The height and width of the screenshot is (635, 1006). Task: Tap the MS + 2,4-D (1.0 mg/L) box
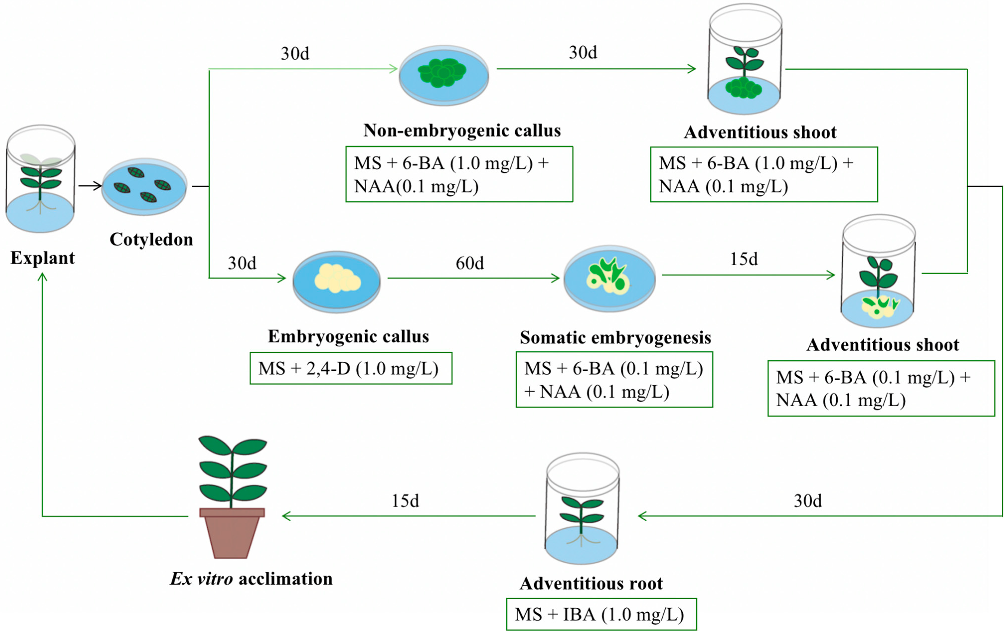pos(351,368)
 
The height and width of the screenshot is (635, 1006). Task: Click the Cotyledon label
pos(151,239)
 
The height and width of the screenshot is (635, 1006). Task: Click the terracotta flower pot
pos(232,533)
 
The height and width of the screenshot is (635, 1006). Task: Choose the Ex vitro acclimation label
pos(251,579)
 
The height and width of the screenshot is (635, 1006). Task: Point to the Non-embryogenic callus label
pos(462,130)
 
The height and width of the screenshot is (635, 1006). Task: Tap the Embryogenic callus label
pos(348,336)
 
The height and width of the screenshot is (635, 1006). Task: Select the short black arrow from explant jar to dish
pos(90,186)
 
